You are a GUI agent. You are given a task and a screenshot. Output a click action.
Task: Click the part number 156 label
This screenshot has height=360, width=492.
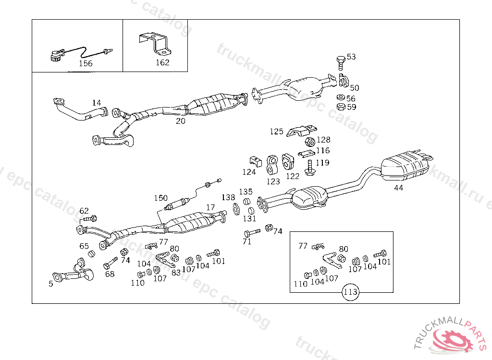click(x=85, y=63)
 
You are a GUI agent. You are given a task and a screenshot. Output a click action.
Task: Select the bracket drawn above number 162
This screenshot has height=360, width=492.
click(x=155, y=44)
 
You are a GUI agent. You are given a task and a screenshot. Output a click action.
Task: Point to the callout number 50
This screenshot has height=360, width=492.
click(x=354, y=88)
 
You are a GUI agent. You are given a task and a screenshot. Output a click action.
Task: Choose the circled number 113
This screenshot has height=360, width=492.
click(x=351, y=291)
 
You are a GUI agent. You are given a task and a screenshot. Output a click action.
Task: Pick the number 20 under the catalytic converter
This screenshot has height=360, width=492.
click(x=180, y=121)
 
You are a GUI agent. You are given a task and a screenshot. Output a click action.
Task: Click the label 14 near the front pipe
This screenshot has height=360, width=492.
click(x=97, y=103)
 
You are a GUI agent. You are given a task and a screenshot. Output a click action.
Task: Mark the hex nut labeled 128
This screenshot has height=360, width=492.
click(x=310, y=142)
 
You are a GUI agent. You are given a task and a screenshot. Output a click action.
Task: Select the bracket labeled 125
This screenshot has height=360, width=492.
click(x=302, y=130)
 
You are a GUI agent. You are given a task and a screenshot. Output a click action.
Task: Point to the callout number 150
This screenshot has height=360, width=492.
click(x=160, y=198)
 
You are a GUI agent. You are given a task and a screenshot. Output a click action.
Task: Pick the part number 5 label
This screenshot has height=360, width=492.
click(x=51, y=284)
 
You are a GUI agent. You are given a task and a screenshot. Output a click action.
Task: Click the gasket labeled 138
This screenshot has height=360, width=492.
click(x=236, y=209)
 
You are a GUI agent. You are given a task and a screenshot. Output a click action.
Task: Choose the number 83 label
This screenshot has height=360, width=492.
click(x=176, y=272)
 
